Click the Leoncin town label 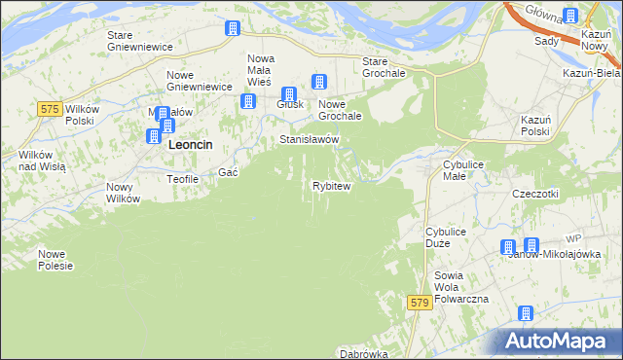(192, 144)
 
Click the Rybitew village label (331, 186)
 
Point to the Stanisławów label (309, 140)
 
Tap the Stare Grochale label (383, 67)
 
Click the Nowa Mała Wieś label (260, 70)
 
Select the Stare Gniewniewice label (139, 41)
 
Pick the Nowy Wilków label (124, 193)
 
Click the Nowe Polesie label (55, 260)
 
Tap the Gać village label (229, 172)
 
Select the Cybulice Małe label (462, 171)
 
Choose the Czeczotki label (535, 194)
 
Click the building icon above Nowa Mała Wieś (234, 29)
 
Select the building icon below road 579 (526, 314)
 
